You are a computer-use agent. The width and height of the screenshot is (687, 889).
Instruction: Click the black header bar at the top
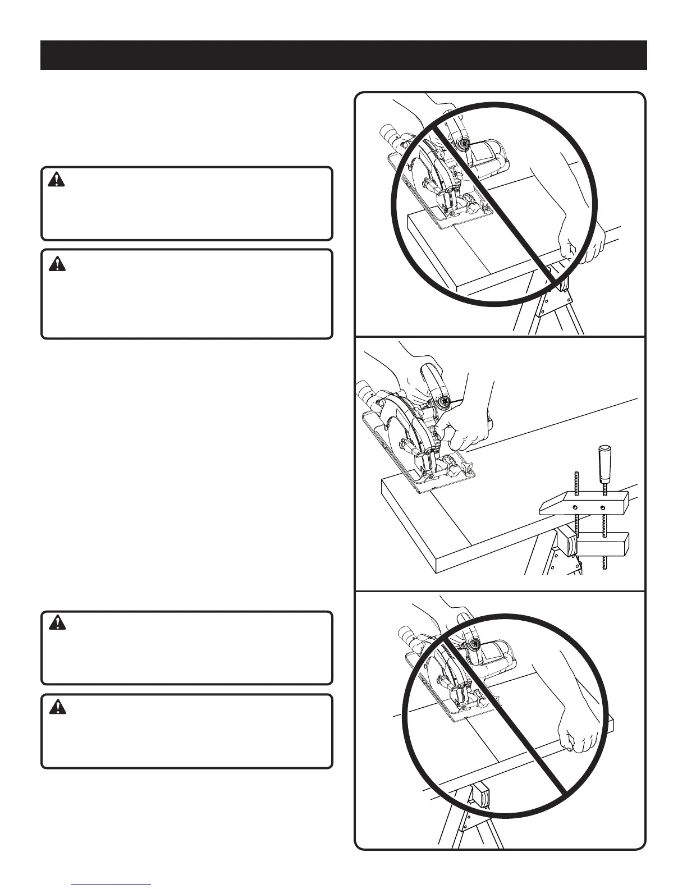(x=343, y=55)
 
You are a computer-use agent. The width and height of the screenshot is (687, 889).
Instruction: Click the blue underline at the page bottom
(x=112, y=883)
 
